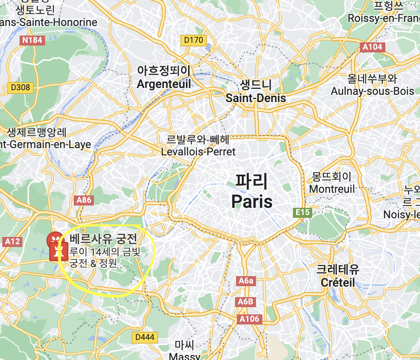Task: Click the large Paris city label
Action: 251,201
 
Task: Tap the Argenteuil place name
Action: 164,84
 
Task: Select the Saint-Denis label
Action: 256,98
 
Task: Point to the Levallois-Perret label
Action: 199,151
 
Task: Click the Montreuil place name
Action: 332,188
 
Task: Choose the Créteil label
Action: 338,283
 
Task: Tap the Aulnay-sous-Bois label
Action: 372,91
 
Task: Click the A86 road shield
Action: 84,200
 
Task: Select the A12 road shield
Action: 12,242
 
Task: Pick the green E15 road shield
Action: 302,213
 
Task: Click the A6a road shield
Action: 246,281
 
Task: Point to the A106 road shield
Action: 250,319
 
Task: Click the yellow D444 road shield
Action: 145,338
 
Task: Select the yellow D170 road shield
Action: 193,41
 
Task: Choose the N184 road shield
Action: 32,40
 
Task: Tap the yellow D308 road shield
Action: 20,87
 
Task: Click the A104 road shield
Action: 373,47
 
